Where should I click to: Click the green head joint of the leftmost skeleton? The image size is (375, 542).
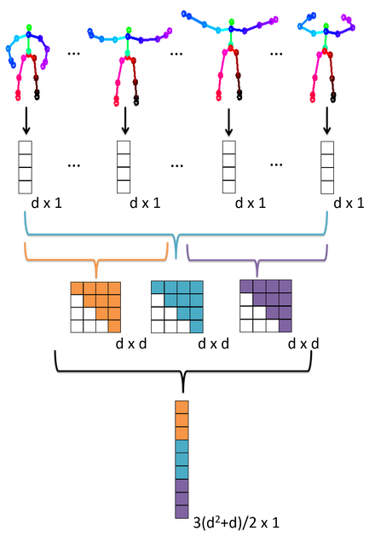(29, 27)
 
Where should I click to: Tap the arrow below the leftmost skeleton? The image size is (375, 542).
(26, 121)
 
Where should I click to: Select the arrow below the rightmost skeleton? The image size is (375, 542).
(326, 121)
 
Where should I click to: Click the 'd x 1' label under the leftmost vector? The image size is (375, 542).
(47, 203)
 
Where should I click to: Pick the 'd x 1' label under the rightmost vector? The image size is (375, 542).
(349, 203)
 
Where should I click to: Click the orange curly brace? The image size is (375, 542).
(96, 260)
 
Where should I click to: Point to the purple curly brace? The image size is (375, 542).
(257, 260)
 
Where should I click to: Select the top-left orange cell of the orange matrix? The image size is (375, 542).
(77, 288)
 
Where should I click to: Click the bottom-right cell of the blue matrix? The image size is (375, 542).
(196, 326)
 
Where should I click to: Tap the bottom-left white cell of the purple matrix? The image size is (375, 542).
(246, 326)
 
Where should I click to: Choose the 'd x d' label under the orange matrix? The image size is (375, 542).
(131, 344)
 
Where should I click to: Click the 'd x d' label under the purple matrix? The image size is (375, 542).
(303, 344)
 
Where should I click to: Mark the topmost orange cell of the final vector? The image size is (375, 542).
(182, 407)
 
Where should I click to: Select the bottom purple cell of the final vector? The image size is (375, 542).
(182, 512)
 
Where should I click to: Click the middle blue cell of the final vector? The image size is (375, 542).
(182, 459)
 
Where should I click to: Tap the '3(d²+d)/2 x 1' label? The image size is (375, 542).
(236, 522)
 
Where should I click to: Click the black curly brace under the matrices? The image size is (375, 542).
(183, 372)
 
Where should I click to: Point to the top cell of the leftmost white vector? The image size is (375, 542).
(26, 147)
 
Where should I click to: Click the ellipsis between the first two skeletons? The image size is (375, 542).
(73, 54)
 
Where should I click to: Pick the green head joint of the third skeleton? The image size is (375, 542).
(231, 22)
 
